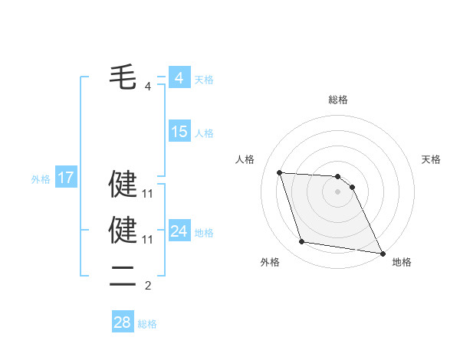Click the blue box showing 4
(x=179, y=78)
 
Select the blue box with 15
(x=179, y=132)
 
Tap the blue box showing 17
(x=66, y=178)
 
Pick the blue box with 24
(x=179, y=231)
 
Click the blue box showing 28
(x=122, y=322)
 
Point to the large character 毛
(x=123, y=78)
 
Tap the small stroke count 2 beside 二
(x=148, y=286)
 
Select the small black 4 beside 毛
(x=148, y=87)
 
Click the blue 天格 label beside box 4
(x=204, y=80)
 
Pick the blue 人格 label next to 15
(x=204, y=133)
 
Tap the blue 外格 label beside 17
(x=41, y=179)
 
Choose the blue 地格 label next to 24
(x=204, y=233)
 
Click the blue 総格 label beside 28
(x=147, y=324)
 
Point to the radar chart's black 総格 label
(x=338, y=100)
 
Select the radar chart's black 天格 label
(x=432, y=159)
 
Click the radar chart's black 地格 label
(x=402, y=262)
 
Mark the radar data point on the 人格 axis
(x=279, y=172)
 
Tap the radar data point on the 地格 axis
(x=383, y=254)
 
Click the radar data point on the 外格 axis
(x=302, y=242)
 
